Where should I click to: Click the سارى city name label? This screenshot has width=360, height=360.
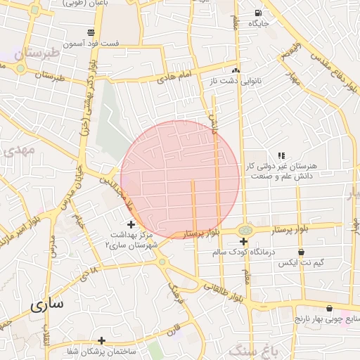(46, 305)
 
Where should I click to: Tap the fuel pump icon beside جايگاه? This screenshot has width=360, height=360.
(258, 13)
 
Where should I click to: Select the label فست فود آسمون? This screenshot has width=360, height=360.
(91, 44)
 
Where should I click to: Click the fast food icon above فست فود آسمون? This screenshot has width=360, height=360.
(91, 32)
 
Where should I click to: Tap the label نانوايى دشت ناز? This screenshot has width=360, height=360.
(235, 82)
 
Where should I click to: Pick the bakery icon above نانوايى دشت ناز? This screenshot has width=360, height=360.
(236, 70)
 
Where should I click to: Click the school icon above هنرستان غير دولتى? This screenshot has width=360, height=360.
(281, 155)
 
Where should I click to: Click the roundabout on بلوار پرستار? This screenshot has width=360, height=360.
(245, 230)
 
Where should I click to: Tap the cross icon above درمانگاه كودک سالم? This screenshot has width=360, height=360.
(243, 242)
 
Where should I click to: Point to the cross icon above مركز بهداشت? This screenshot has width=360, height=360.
(131, 224)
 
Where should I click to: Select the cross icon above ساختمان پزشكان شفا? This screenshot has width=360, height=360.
(101, 340)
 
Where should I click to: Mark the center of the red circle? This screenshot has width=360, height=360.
(181, 179)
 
